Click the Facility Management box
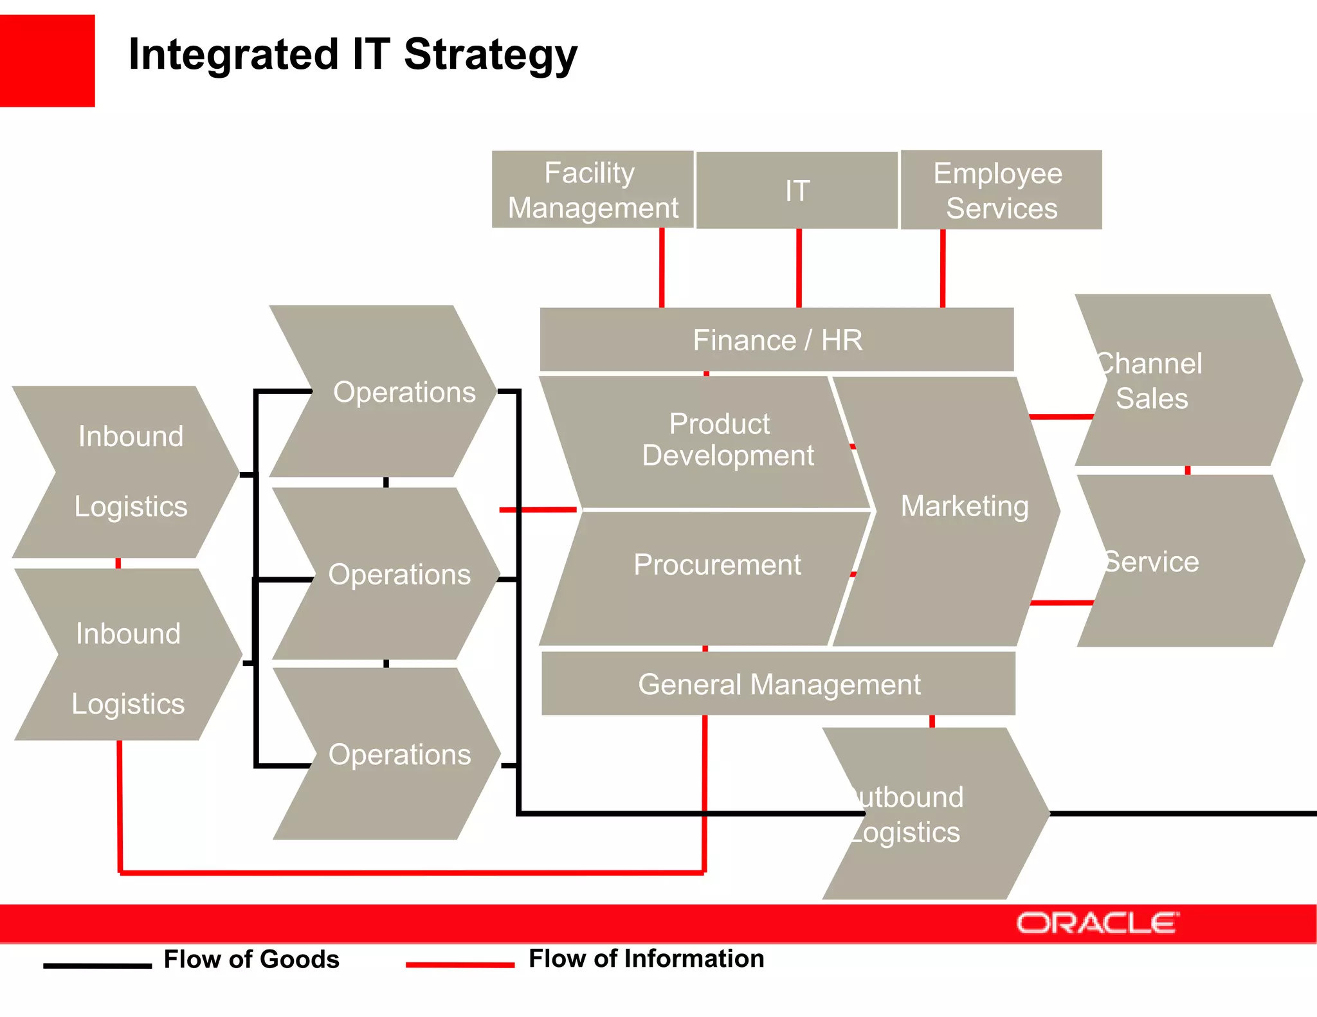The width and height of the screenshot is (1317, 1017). (592, 190)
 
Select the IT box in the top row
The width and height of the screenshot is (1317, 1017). (797, 190)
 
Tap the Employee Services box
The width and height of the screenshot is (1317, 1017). (1001, 190)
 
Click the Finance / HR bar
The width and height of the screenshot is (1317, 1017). (777, 340)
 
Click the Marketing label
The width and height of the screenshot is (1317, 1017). (964, 506)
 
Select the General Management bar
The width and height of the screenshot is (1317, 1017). (778, 684)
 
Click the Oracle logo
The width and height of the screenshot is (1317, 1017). (1097, 923)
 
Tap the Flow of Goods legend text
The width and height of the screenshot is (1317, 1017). (251, 959)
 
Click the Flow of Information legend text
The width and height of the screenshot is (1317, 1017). (646, 959)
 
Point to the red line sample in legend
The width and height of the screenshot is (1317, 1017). (460, 964)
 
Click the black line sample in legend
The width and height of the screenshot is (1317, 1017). (97, 965)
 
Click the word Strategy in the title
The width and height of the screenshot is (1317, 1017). (490, 55)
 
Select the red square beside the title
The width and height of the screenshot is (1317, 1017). (47, 60)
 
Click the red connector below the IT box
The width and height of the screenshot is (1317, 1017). (799, 267)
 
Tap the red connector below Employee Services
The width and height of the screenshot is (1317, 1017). (943, 267)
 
